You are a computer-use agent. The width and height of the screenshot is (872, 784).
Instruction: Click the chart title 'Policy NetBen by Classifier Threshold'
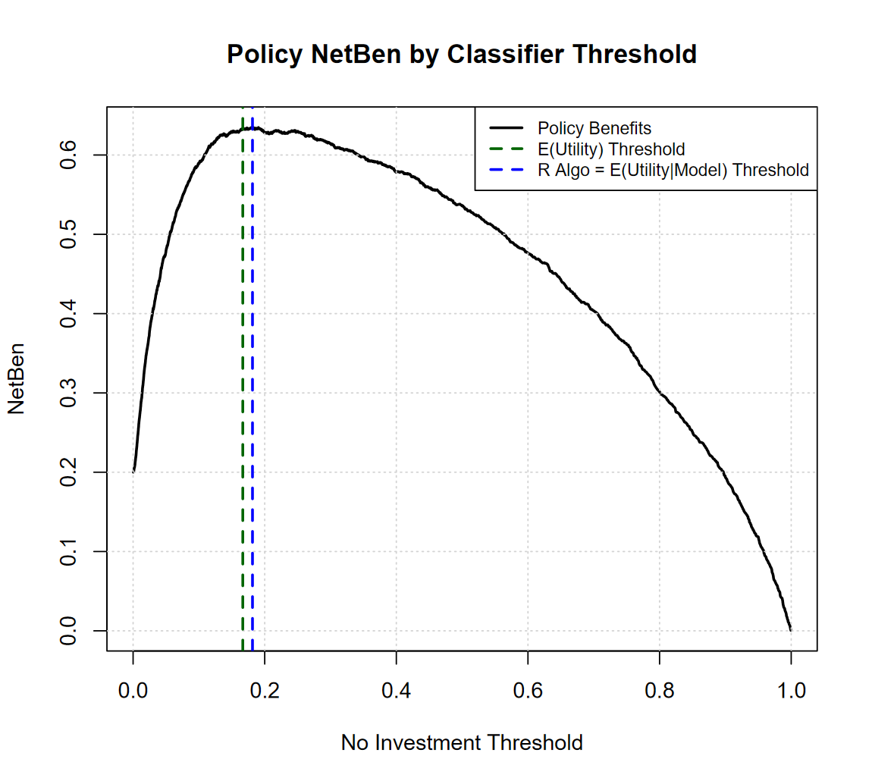pos(462,55)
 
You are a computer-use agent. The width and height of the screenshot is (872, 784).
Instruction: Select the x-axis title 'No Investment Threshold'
pos(462,742)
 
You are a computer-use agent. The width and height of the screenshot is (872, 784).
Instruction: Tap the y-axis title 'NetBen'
pos(17,379)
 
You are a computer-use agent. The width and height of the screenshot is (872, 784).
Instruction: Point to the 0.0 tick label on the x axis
pos(133,691)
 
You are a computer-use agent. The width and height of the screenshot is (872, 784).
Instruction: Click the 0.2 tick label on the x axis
pos(265,691)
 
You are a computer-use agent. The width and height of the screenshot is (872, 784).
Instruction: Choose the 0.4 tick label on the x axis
pos(397,691)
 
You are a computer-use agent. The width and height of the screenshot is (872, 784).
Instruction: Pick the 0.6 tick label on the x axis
pos(528,691)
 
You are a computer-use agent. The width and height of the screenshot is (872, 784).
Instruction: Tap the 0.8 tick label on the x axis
pos(660,691)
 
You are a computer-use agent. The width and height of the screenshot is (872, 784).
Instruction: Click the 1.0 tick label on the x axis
pos(791,691)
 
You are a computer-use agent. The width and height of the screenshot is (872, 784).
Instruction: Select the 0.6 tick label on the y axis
pos(68,155)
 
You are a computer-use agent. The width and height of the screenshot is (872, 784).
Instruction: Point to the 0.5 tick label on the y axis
pos(68,234)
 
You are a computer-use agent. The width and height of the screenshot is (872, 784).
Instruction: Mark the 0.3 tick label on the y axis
pos(68,393)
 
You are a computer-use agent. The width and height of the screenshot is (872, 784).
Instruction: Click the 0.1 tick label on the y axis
pos(68,551)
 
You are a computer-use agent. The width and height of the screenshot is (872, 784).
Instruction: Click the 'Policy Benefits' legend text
pos(594,127)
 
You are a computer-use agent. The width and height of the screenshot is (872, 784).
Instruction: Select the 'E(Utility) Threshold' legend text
pos(611,149)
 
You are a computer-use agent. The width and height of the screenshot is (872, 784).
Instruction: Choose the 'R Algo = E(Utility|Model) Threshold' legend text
pos(673,170)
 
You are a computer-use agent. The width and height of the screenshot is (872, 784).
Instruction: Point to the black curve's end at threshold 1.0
pos(791,629)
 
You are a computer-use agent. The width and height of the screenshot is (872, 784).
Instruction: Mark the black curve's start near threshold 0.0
pos(134,470)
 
